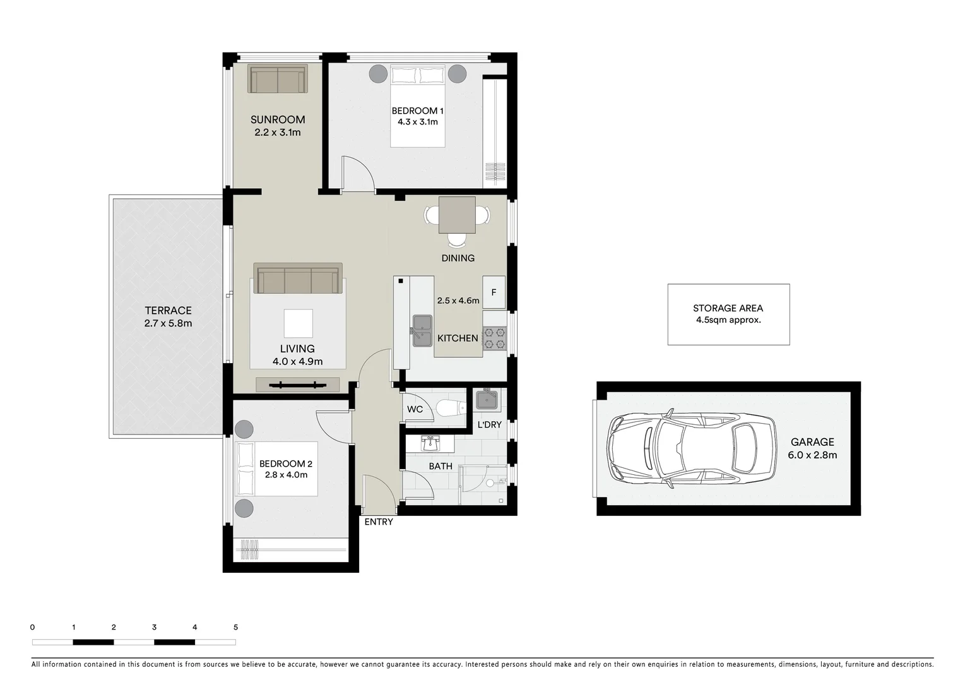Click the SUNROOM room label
click(x=277, y=119)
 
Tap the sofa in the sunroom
click(x=277, y=80)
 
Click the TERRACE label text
click(x=168, y=310)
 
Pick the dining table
click(x=457, y=215)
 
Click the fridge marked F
click(x=494, y=292)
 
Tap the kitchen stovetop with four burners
click(x=494, y=338)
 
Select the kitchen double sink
click(x=422, y=331)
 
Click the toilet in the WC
click(x=449, y=409)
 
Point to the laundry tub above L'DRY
click(x=487, y=400)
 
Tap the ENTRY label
click(x=378, y=522)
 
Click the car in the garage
click(x=692, y=448)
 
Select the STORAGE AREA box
click(x=728, y=314)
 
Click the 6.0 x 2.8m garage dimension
click(x=812, y=455)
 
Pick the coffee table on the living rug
click(x=298, y=323)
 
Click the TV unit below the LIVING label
click(x=297, y=385)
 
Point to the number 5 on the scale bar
click(x=235, y=627)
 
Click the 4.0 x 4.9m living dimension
click(x=297, y=362)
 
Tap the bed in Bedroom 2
click(x=276, y=469)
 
